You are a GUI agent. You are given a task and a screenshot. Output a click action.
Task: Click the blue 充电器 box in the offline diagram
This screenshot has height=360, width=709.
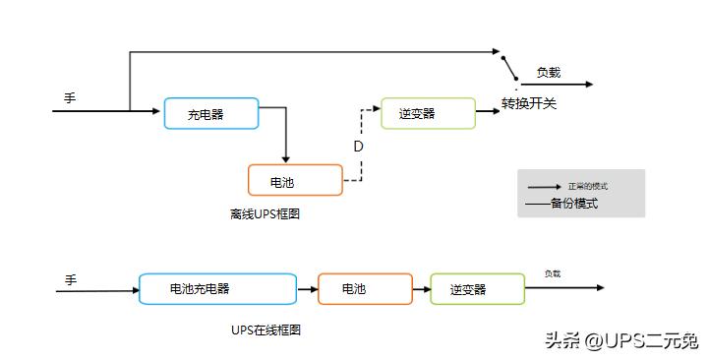tap(210, 114)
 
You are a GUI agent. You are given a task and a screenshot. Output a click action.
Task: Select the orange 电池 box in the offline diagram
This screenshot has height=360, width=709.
tap(295, 181)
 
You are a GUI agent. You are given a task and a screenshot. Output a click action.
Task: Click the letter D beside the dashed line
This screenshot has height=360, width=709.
tap(358, 147)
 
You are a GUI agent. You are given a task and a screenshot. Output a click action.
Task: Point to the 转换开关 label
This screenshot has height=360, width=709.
tap(529, 103)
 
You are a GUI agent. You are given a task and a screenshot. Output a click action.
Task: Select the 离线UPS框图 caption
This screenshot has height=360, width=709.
tap(264, 213)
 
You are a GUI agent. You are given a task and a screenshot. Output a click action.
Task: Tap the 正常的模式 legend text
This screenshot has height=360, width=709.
tap(588, 186)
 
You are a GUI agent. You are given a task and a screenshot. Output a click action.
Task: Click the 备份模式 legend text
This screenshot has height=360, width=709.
tap(574, 204)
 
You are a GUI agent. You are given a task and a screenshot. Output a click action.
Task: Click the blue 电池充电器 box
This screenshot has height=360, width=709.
tap(217, 289)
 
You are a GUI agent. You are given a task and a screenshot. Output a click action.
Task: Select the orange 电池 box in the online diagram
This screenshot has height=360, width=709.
tap(365, 289)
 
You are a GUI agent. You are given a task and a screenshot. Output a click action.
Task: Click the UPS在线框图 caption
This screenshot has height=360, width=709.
tap(265, 330)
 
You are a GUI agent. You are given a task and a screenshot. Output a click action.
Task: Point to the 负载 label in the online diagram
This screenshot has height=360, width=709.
tap(553, 274)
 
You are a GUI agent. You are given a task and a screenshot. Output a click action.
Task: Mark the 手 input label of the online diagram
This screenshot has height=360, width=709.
tap(70, 280)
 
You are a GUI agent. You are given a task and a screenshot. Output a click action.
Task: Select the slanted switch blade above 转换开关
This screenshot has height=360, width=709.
tap(508, 67)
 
